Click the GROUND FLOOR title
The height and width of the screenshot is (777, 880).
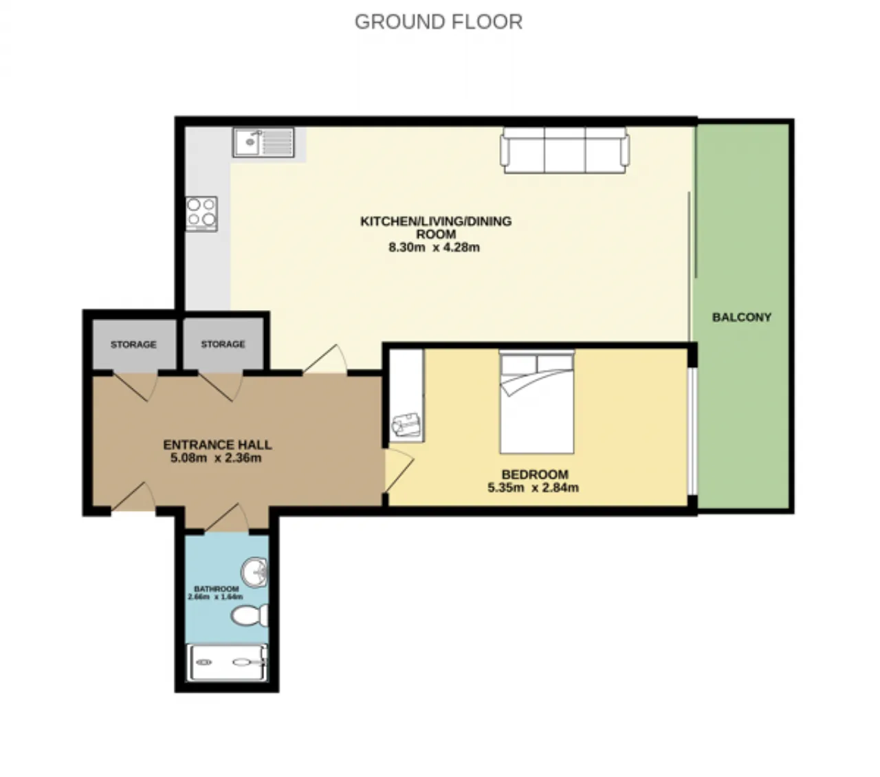click(438, 22)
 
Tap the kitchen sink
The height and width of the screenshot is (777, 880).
click(263, 142)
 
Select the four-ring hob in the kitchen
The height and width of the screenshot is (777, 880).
click(201, 214)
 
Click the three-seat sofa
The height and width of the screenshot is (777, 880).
click(564, 150)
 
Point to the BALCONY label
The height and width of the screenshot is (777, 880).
click(741, 317)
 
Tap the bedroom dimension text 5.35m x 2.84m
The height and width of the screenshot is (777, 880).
click(533, 488)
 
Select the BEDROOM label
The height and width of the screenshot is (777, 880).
click(535, 474)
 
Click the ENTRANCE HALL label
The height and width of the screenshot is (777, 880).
click(217, 445)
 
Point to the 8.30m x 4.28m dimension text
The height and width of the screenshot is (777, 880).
click(434, 248)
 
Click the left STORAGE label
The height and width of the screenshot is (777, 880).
click(133, 344)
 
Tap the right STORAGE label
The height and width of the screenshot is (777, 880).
click(223, 344)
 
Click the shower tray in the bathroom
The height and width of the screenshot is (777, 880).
click(227, 662)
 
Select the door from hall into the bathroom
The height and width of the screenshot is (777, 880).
click(227, 517)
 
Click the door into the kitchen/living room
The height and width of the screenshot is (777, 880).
click(325, 359)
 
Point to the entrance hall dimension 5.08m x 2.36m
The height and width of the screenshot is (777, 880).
click(216, 458)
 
